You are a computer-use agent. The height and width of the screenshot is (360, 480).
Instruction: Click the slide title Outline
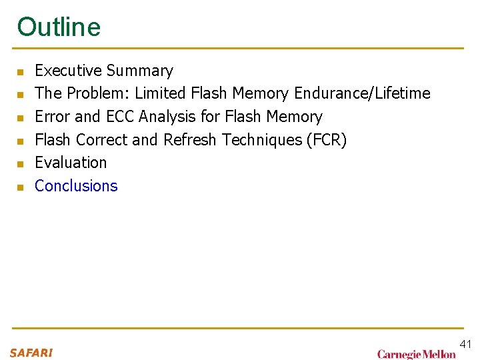[x=59, y=27]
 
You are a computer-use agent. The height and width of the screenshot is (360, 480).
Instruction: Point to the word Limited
[x=160, y=93]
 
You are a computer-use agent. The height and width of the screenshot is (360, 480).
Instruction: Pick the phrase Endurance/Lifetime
[x=362, y=93]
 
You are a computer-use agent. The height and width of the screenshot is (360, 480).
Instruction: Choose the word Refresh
[x=190, y=139]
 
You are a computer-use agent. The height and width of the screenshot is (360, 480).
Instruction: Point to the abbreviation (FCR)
[x=325, y=139]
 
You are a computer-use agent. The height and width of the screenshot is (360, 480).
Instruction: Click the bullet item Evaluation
[x=71, y=163]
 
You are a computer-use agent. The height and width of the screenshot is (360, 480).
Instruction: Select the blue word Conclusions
[x=76, y=186]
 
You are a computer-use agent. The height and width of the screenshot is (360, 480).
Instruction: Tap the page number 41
[x=465, y=344]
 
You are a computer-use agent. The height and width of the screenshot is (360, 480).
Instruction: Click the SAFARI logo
[x=31, y=353]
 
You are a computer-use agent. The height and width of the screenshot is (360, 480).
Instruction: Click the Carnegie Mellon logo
[x=416, y=354]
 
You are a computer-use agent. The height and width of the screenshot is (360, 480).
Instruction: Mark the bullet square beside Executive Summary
[x=21, y=72]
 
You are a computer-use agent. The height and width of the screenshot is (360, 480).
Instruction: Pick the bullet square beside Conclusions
[x=21, y=187]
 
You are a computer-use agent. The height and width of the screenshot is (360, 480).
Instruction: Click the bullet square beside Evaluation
[x=21, y=164]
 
